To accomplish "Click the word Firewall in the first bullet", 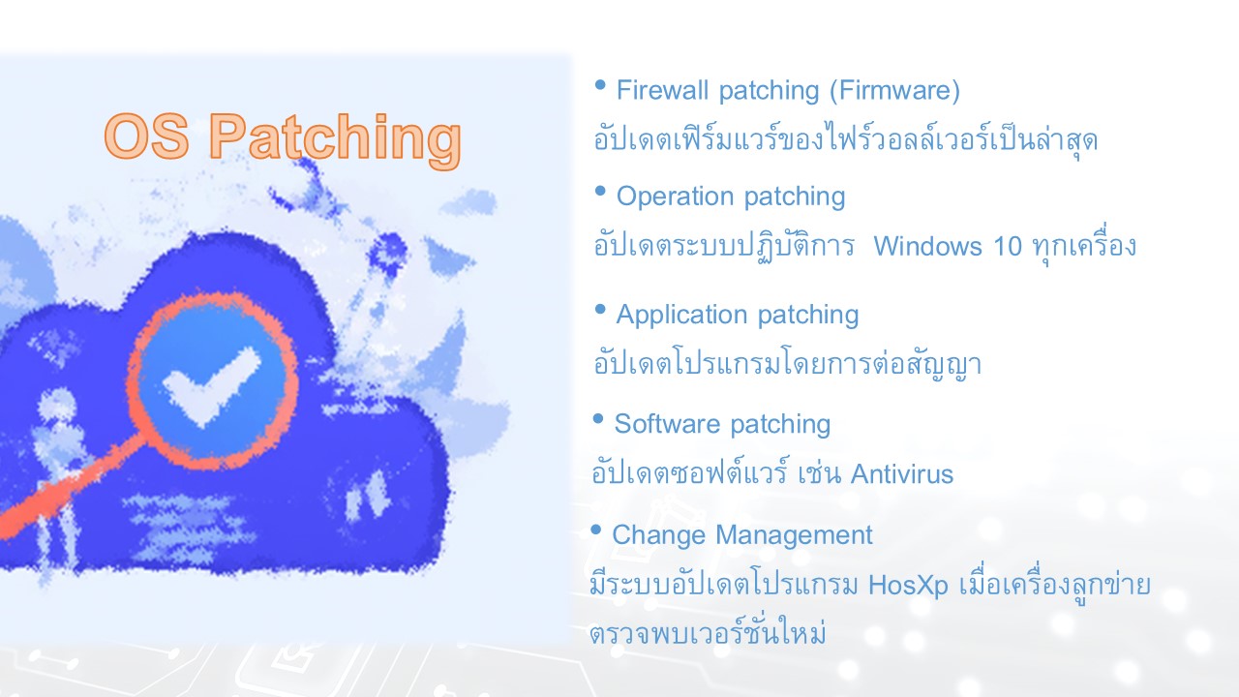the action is coord(662,90).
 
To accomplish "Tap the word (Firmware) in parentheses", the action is coord(895,91).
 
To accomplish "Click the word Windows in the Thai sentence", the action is coord(927,246).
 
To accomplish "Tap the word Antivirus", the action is coord(901,474).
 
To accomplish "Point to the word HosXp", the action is coord(908,586).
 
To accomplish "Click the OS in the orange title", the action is coord(146,136).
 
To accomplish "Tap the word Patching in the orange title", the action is coord(335,139).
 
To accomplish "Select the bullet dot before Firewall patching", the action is coord(600,85).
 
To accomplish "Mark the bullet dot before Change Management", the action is coord(595,530).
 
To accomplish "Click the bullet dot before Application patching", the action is coord(600,309).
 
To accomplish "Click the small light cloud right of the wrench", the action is coord(469,203).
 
